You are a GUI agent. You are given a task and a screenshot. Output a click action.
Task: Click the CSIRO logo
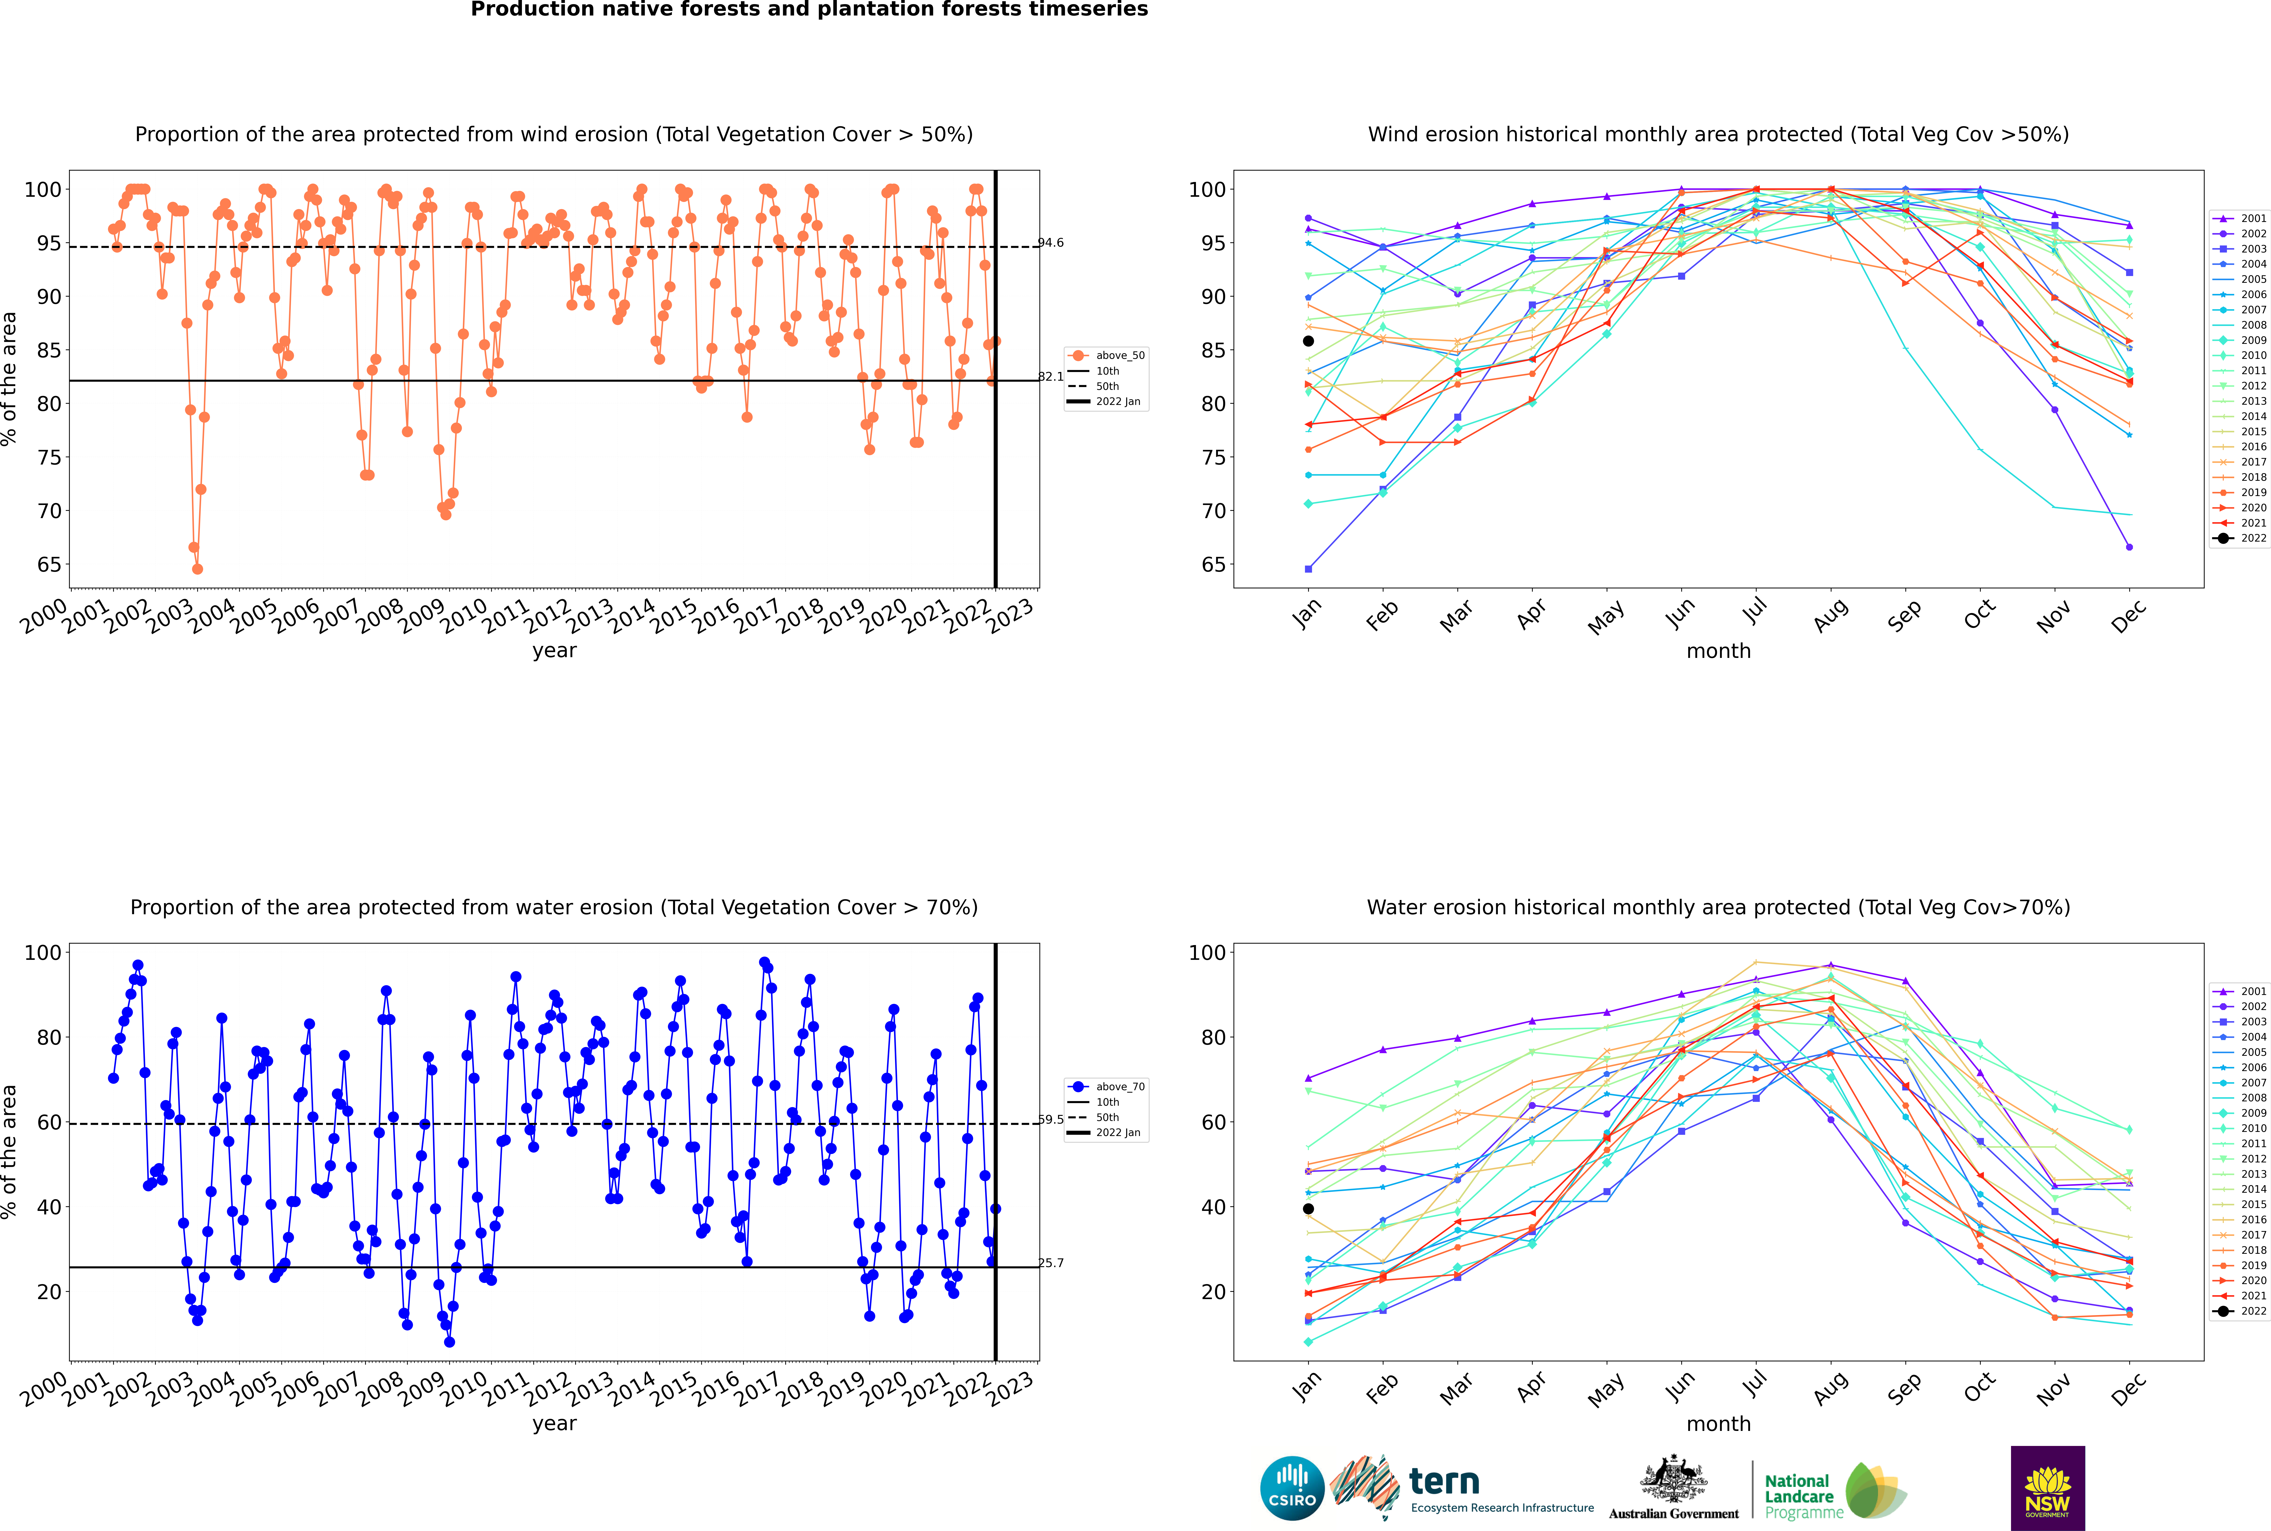click(x=1292, y=1488)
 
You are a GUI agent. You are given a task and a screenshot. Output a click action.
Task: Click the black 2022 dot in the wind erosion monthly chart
click(x=1308, y=341)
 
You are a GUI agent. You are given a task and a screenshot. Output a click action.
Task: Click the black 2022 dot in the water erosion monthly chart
click(x=1308, y=1209)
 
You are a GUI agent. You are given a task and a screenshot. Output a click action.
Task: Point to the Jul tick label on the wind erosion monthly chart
click(x=1754, y=611)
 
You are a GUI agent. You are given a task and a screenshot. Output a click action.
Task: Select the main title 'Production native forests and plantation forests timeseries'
click(x=809, y=10)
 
